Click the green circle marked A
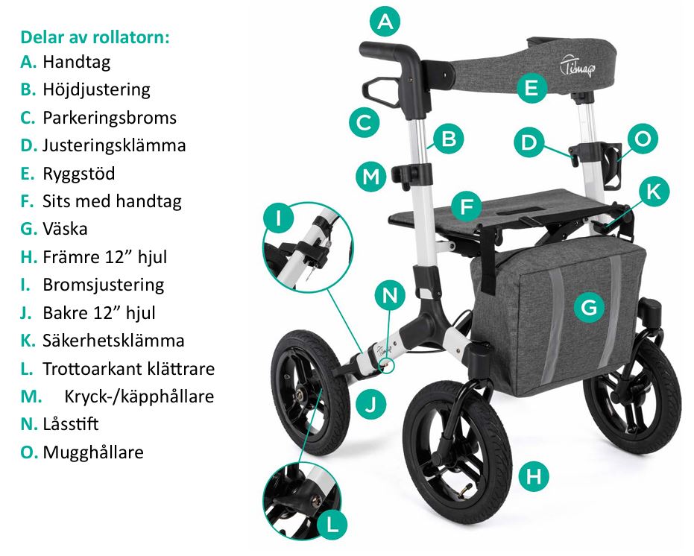pos(385,22)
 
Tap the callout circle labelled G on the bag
pos(589,307)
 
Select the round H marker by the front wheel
pos(533,476)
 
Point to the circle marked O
pos(643,139)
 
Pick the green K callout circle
pos(653,192)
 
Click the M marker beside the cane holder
pos(371,176)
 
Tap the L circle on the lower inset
pos(332,525)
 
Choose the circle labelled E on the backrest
pos(531,88)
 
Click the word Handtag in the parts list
pos(76,62)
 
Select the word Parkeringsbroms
pos(110,118)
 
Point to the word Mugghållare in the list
pos(93,452)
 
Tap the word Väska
pos(65,229)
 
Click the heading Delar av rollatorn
pos(95,37)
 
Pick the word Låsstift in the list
pos(70,424)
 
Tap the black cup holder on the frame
pos(613,165)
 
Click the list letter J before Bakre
pos(25,313)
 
